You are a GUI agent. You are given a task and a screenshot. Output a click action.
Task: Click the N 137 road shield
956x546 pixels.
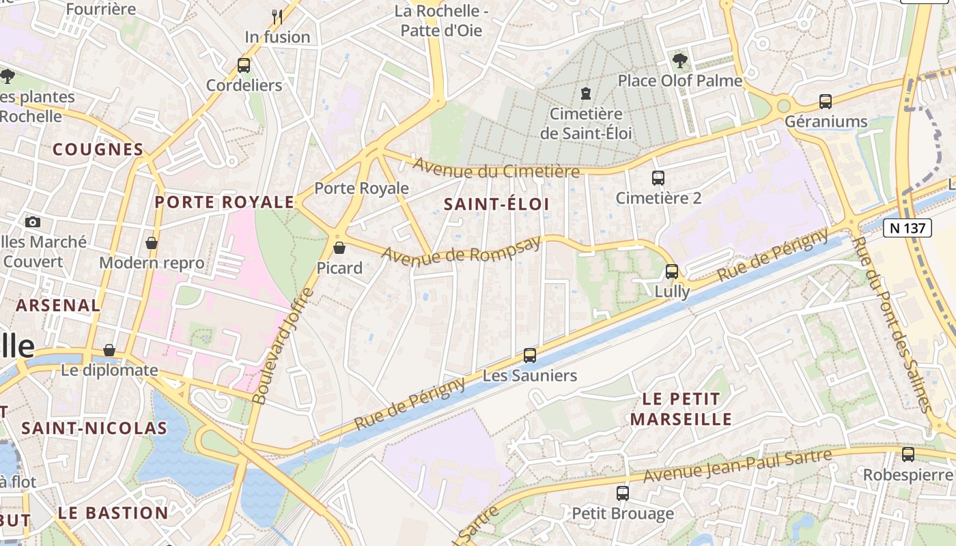(907, 228)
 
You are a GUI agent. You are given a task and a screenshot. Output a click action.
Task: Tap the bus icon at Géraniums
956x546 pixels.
(826, 102)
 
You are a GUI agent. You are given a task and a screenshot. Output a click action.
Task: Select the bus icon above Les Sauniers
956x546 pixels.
(530, 355)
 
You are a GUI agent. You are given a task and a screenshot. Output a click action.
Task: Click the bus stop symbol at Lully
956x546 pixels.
(672, 271)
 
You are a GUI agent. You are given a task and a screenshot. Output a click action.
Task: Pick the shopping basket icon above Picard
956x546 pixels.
(339, 247)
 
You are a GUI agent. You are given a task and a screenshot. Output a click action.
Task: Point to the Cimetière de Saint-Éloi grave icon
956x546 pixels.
(585, 93)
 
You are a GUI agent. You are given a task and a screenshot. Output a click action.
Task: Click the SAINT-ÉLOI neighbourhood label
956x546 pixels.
(496, 204)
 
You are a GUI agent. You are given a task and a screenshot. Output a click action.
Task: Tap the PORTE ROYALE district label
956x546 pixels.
(225, 202)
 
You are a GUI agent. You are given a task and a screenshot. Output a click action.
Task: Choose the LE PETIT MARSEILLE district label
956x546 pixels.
(681, 408)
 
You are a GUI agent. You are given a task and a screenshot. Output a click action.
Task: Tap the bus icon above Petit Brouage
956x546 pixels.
(622, 493)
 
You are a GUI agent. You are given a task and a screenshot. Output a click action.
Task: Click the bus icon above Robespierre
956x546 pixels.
(908, 454)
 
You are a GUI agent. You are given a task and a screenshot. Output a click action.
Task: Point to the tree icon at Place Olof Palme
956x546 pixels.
(679, 61)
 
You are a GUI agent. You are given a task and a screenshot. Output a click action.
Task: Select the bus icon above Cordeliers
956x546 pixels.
(244, 66)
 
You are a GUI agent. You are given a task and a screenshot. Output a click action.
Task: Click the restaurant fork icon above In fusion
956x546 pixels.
(277, 16)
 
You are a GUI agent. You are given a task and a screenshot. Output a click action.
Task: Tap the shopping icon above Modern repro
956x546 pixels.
(152, 243)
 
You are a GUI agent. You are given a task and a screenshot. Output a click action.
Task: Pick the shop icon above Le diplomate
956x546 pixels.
(109, 350)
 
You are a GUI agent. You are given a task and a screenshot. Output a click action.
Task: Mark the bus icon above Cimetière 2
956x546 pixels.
(658, 178)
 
